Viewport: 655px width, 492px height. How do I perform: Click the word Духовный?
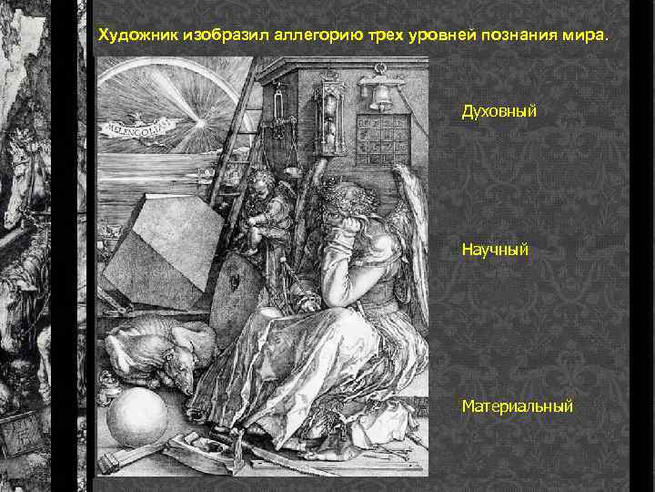tap(499, 111)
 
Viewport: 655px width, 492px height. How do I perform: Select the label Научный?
tap(495, 247)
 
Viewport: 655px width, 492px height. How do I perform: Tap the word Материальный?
tap(517, 405)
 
